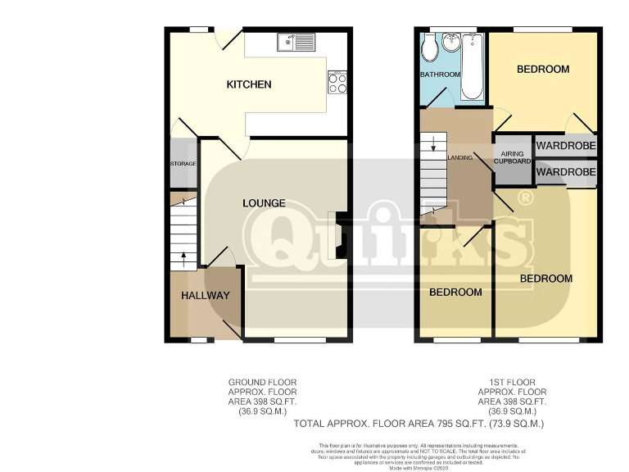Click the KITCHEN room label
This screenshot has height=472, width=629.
(249, 84)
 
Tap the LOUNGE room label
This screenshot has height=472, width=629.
(264, 202)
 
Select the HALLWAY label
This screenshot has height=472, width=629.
(205, 295)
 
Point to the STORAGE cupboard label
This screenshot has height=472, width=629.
(183, 164)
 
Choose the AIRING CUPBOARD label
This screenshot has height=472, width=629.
(513, 157)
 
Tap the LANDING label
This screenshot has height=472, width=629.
(460, 157)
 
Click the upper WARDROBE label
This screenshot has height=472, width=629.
(566, 146)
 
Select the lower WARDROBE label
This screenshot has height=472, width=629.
(566, 172)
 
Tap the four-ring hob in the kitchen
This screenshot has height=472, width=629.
(337, 82)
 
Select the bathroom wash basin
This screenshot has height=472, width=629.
(451, 42)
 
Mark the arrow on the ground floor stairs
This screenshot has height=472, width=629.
(183, 259)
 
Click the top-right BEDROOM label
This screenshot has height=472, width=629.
(542, 69)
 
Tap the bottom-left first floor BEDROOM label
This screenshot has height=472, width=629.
(456, 292)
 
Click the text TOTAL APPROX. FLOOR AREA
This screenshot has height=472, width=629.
(377, 424)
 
